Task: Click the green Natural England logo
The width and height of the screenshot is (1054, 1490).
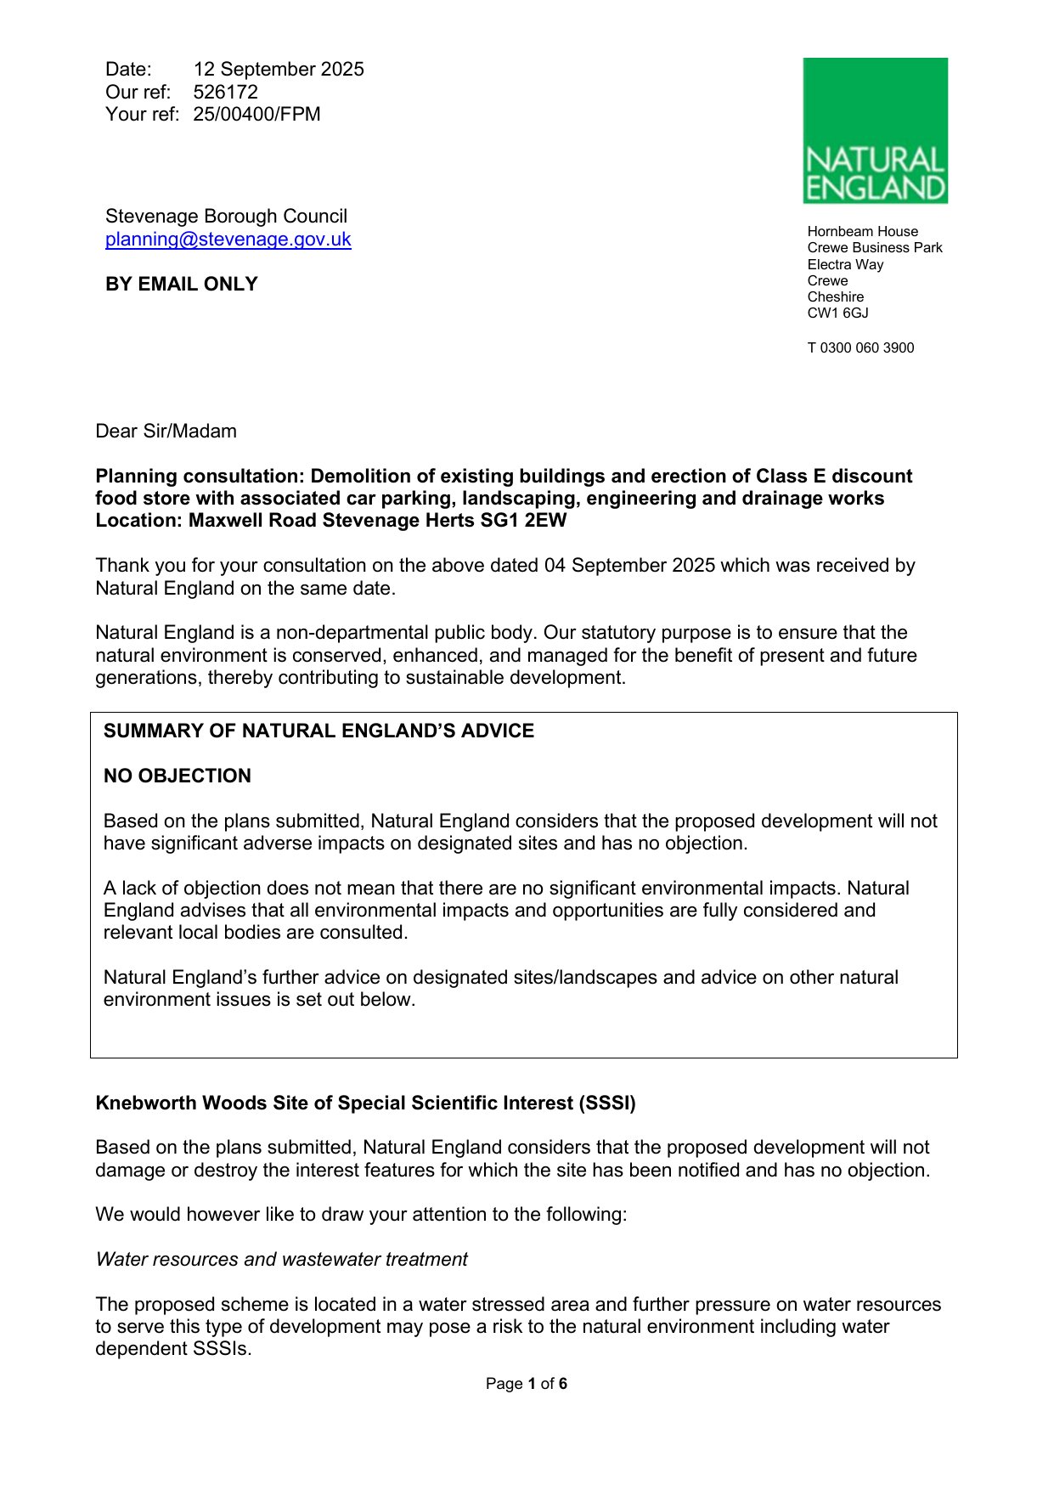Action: coord(875,130)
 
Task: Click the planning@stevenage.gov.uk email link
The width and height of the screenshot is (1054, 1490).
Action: coord(228,240)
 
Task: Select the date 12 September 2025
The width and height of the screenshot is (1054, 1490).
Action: coord(279,70)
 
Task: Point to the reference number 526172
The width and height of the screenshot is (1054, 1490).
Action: coord(225,92)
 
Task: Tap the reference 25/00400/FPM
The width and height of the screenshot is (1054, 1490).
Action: coord(256,115)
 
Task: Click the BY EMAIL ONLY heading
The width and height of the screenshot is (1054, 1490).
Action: coord(181,285)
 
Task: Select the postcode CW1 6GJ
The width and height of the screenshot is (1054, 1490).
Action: coord(837,313)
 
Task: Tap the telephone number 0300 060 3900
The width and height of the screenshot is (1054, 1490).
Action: coord(866,348)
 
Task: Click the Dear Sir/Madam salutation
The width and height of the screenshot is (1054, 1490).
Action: coord(166,432)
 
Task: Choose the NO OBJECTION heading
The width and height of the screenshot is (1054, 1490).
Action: coord(177,776)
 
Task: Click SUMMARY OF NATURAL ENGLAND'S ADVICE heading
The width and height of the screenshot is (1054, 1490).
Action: coord(318,731)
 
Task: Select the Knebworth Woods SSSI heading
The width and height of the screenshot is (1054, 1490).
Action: coord(365,1103)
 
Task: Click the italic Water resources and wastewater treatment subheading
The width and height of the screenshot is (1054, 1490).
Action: coord(281,1260)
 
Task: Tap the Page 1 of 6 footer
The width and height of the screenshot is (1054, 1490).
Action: coord(526,1384)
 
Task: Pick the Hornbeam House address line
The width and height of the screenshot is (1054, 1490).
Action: coord(862,232)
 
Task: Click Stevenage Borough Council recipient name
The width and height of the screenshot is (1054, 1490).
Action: coord(226,217)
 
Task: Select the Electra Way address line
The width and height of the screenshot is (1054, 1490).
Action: coord(845,265)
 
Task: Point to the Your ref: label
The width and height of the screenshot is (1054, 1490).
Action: coord(142,115)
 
